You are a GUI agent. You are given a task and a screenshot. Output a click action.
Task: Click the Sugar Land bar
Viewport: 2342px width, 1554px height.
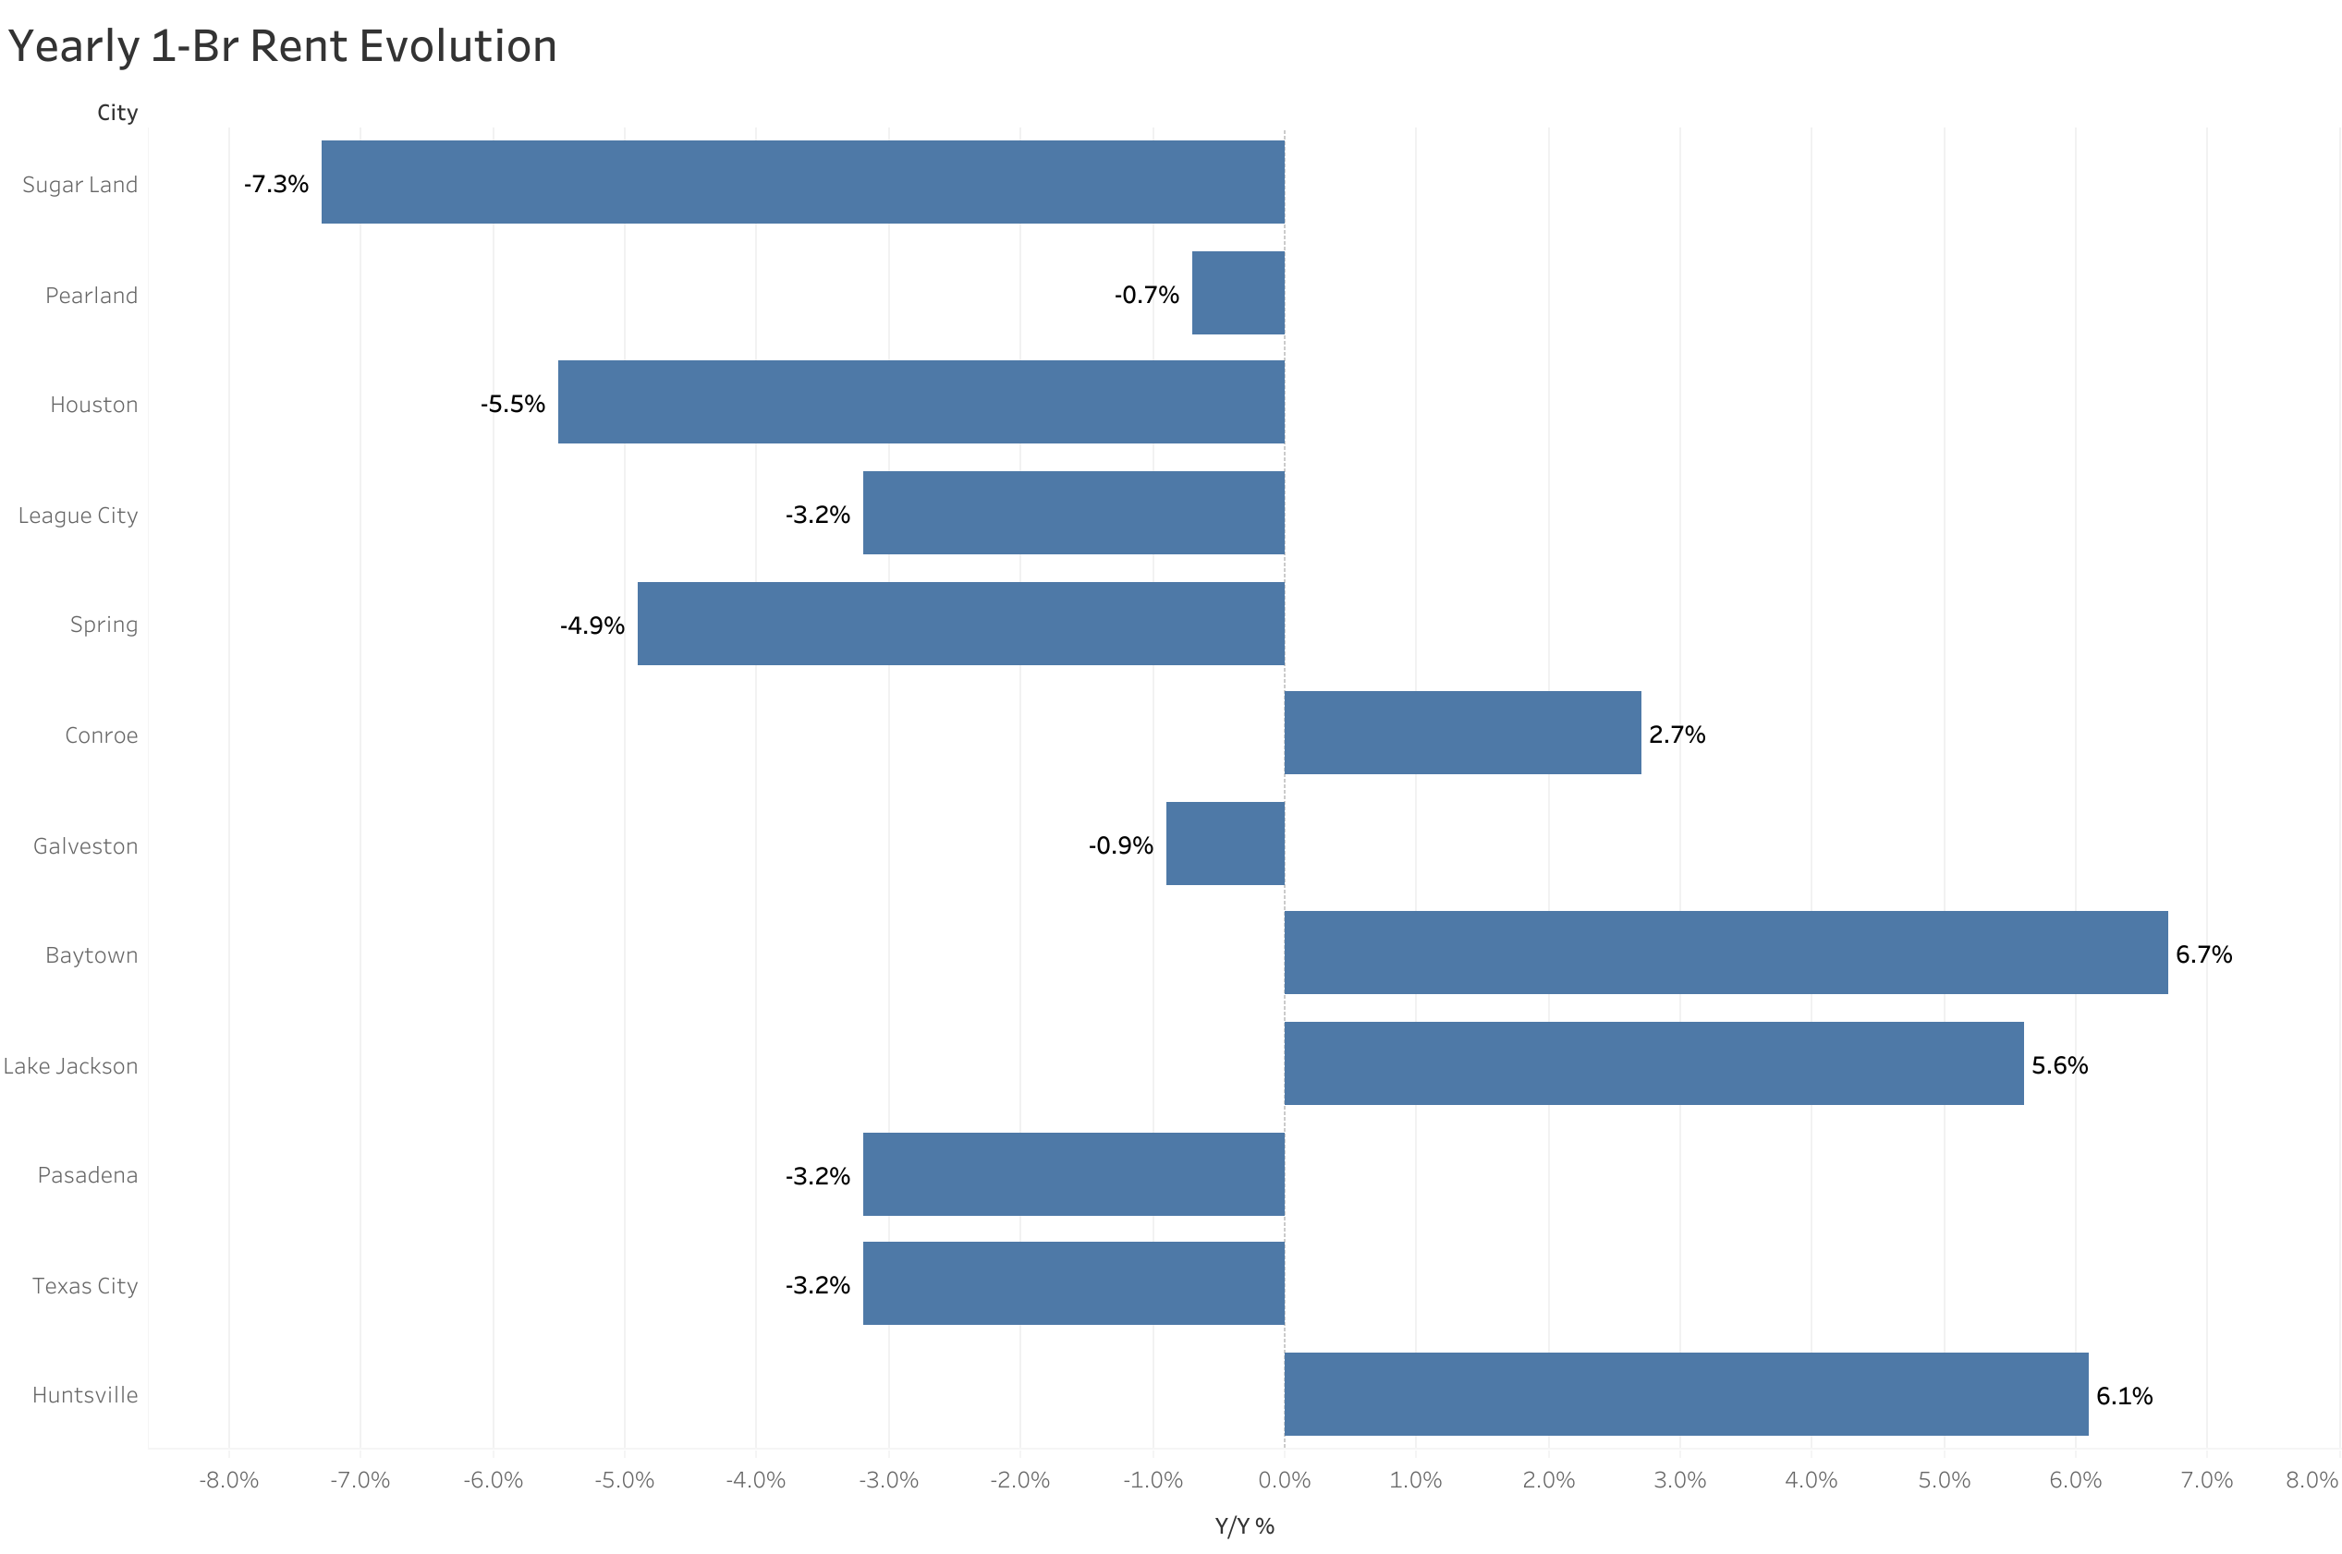[802, 182]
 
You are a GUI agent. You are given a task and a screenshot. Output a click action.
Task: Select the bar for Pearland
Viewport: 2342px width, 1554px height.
[1237, 294]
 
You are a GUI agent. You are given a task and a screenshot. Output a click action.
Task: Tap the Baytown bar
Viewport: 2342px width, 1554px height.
[1725, 953]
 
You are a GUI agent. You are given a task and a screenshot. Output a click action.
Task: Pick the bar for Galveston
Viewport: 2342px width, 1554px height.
[1224, 844]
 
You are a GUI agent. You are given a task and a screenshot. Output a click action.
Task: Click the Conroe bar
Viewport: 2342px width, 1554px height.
[1462, 733]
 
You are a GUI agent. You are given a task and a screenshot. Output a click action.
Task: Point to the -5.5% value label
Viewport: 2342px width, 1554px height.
[512, 405]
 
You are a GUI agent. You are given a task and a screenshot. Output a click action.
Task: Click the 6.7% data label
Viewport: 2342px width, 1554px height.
[2202, 954]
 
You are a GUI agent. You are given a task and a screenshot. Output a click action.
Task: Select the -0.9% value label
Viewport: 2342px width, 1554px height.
[1120, 845]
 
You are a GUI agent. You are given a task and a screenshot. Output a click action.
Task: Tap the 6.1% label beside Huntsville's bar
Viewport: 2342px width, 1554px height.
[2123, 1395]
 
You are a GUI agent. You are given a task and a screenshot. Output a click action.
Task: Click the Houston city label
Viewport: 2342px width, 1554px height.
[94, 405]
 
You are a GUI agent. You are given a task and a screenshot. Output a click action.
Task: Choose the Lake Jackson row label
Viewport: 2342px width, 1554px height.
[70, 1066]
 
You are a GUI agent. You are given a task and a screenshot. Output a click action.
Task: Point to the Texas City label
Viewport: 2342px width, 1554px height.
[85, 1285]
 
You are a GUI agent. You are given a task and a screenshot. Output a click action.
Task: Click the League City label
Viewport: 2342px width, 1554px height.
[79, 516]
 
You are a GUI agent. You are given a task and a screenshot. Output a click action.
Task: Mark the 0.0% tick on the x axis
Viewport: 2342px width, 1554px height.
[1284, 1480]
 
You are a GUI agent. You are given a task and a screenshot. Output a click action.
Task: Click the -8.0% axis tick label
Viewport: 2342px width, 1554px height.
[228, 1480]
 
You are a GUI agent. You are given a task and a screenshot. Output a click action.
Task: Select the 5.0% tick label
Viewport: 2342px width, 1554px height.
[1943, 1480]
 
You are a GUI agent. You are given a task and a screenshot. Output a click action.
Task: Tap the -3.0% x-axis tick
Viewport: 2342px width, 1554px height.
[888, 1480]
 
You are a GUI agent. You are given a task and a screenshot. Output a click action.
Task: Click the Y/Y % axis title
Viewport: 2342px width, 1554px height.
[1244, 1526]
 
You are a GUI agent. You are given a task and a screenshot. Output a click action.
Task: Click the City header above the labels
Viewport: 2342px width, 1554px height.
[117, 113]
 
